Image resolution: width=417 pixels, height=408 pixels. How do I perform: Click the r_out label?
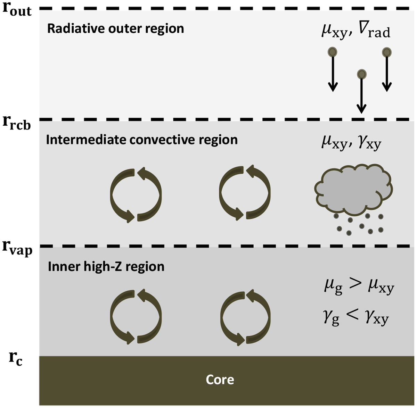(x=17, y=9)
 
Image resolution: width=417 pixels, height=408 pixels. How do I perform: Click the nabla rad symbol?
(x=374, y=32)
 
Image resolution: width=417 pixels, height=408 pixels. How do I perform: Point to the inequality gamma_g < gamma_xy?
(x=356, y=319)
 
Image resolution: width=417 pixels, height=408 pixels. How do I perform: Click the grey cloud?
(x=354, y=189)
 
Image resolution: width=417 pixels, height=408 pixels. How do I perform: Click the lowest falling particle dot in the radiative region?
(x=362, y=74)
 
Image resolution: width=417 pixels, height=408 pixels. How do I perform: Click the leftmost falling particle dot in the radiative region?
(x=333, y=52)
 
